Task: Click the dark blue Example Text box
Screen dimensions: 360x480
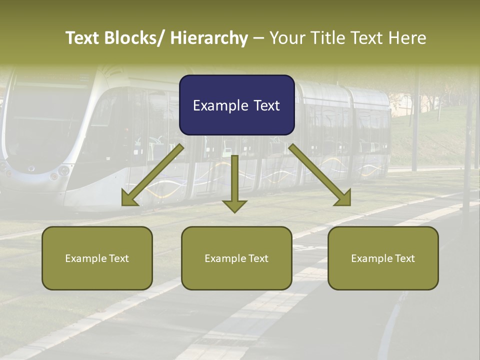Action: point(236,105)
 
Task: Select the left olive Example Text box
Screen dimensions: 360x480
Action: point(97,258)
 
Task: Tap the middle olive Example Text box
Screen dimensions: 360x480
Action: point(236,258)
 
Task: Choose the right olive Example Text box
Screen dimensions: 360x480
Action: point(383,258)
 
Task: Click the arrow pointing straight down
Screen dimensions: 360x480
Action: point(234,183)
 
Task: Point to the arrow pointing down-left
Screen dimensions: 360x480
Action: point(152,175)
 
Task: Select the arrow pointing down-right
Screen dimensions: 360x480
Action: point(320,175)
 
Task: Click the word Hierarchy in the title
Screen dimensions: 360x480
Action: point(209,38)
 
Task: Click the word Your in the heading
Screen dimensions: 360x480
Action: point(285,38)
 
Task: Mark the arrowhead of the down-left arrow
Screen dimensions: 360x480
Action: point(129,198)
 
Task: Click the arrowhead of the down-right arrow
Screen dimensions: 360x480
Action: point(343,198)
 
